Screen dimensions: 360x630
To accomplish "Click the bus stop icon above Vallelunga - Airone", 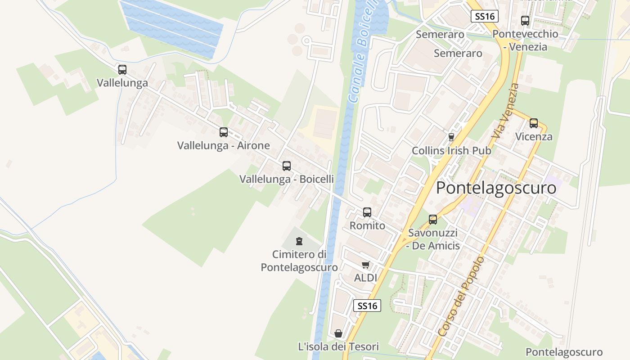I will pyautogui.click(x=224, y=132).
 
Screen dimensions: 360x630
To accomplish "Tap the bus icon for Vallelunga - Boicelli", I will pyautogui.click(x=287, y=166).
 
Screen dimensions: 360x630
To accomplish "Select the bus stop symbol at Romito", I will pyautogui.click(x=367, y=212).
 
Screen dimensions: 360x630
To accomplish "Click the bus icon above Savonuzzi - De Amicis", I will pyautogui.click(x=433, y=220).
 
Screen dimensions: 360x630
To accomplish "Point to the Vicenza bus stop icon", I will pyautogui.click(x=534, y=123).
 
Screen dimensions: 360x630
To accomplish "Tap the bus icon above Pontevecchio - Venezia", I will pyautogui.click(x=525, y=21).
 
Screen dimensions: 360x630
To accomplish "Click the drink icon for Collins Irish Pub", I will pyautogui.click(x=451, y=137).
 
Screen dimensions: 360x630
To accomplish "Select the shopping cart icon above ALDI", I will pyautogui.click(x=365, y=265).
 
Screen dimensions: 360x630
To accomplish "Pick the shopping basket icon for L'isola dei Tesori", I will pyautogui.click(x=338, y=333).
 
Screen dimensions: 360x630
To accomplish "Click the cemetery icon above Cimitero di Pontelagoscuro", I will pyautogui.click(x=299, y=242).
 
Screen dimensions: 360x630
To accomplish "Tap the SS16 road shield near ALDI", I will pyautogui.click(x=367, y=306).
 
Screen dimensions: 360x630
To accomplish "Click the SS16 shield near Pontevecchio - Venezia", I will pyautogui.click(x=485, y=16).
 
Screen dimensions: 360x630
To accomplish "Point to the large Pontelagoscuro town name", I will pyautogui.click(x=496, y=188).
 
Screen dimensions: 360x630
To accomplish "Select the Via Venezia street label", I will pyautogui.click(x=505, y=111).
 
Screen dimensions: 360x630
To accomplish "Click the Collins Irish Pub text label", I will pyautogui.click(x=451, y=151).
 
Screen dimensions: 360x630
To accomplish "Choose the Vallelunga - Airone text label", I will pyautogui.click(x=224, y=145).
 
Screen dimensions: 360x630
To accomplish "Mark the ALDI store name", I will pyautogui.click(x=365, y=278).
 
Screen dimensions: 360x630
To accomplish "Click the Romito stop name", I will pyautogui.click(x=367, y=225).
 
